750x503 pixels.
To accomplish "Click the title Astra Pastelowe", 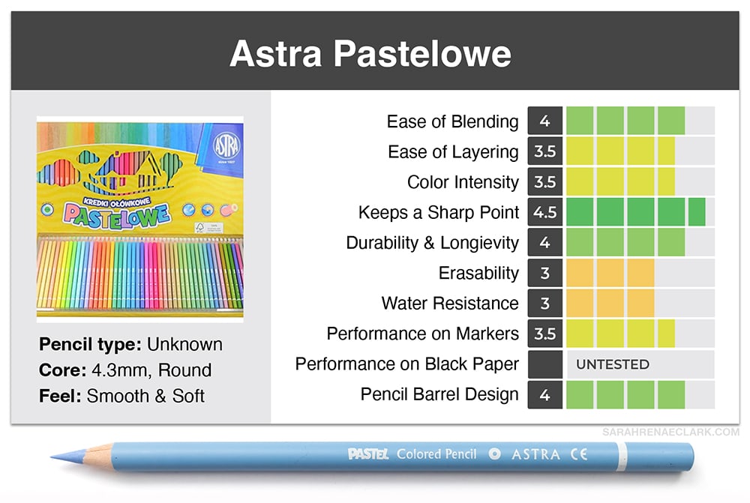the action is coord(370,53).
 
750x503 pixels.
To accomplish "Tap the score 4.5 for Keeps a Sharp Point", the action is coord(544,212).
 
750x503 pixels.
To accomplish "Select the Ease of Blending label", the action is coord(452,121).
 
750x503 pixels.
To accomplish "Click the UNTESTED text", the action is coord(613,364).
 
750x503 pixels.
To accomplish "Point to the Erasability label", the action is coord(478,273).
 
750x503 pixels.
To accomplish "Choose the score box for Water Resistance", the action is coord(544,303).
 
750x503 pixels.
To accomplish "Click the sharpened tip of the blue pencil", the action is coord(52,457).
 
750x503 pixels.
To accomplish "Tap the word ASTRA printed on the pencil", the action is coord(535,454).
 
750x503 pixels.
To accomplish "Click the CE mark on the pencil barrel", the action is coord(579,454).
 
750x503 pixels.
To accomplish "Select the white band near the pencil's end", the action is coord(621,457).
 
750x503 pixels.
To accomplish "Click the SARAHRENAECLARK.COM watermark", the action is coord(670,432).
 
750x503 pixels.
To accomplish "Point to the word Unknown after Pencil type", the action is coord(184,344).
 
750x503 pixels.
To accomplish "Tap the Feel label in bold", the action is coord(60,396).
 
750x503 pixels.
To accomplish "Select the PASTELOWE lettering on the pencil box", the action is coord(117,215).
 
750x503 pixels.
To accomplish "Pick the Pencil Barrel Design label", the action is coord(439,394).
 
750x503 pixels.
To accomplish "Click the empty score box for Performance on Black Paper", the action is coord(544,364).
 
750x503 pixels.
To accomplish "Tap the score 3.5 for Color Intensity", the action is coord(544,181).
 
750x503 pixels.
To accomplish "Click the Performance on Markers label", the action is coord(423,334).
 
